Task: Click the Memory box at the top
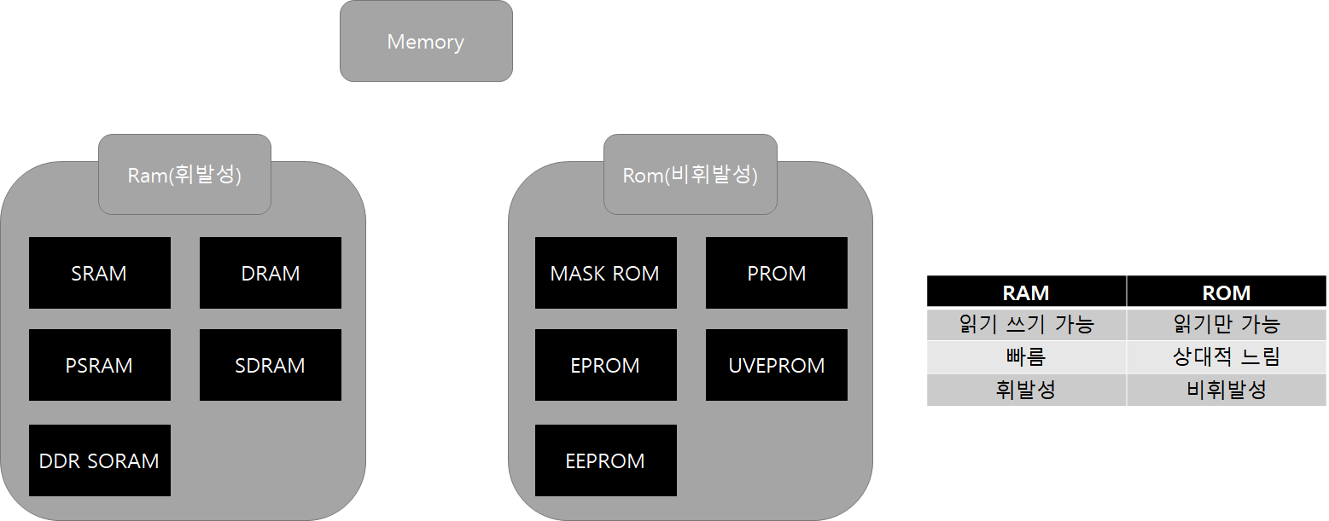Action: (426, 41)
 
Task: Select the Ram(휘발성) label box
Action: (184, 175)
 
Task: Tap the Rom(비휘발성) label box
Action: (690, 175)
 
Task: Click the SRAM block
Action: (99, 273)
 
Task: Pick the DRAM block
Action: (270, 273)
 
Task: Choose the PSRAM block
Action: (99, 365)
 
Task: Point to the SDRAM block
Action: (270, 365)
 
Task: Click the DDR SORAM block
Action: (99, 460)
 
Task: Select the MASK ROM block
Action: (605, 273)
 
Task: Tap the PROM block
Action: (776, 273)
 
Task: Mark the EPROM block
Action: (605, 365)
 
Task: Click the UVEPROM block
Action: (776, 365)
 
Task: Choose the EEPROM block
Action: (605, 460)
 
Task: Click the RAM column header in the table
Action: (1026, 292)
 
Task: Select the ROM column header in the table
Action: (1226, 292)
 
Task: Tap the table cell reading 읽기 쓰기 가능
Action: (1026, 324)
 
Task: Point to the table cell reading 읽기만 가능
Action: (1226, 324)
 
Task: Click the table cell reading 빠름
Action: (1026, 357)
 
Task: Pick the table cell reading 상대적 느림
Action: (1226, 357)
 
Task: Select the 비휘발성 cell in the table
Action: (1226, 391)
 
